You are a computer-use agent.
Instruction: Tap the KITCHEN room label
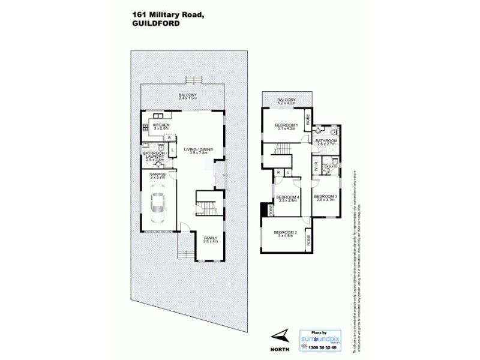point(161,125)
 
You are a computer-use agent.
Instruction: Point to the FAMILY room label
point(210,238)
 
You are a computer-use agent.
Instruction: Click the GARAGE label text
point(158,175)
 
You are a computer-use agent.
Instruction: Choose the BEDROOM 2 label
point(286,232)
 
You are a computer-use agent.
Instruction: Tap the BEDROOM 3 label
point(326,196)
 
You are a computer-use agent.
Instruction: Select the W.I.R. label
point(315,169)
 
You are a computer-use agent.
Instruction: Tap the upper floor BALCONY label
point(286,100)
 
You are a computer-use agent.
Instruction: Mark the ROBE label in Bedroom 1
point(308,120)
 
